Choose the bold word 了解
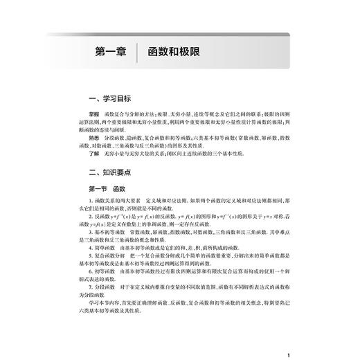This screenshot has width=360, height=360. point(84,155)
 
